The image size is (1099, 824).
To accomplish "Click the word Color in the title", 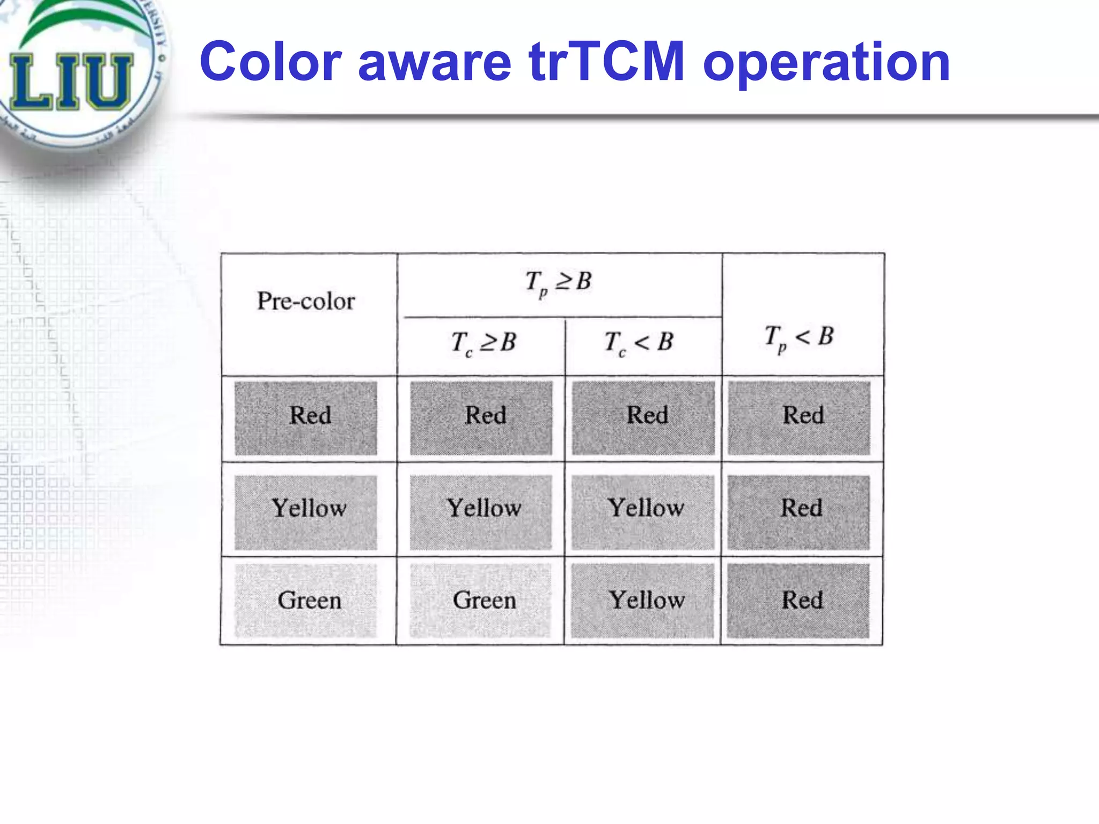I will point(270,62).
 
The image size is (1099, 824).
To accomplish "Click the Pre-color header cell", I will point(306,301).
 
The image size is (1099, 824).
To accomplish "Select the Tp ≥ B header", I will point(558,282).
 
